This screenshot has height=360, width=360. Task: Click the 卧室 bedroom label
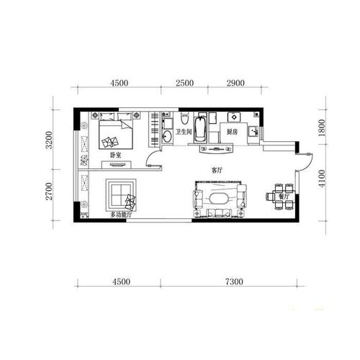(x=115, y=156)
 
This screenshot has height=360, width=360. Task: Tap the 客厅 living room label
(x=217, y=171)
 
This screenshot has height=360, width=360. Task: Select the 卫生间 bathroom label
(x=184, y=132)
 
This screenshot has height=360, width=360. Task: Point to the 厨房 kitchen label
(x=232, y=132)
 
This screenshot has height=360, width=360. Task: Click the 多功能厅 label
(x=121, y=215)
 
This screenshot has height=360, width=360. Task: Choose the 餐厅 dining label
(x=284, y=197)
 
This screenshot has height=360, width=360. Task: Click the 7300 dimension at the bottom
(x=234, y=282)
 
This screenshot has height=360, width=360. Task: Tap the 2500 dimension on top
(x=184, y=83)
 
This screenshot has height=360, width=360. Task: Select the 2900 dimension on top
(x=235, y=83)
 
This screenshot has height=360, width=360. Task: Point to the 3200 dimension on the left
(x=49, y=140)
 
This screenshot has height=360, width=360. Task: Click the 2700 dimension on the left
(x=49, y=192)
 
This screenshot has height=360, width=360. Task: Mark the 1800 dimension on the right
(x=322, y=127)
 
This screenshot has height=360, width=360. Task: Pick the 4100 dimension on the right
(x=322, y=179)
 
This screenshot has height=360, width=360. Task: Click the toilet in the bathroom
(x=184, y=118)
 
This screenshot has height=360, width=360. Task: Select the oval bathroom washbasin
(x=167, y=137)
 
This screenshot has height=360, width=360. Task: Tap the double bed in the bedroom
(x=116, y=130)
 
